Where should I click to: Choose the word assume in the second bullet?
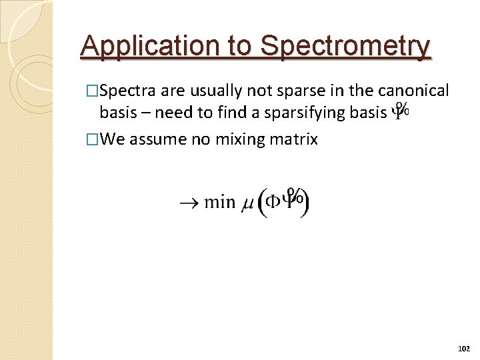point(152,139)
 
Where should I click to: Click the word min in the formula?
point(219,201)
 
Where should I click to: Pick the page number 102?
point(465,349)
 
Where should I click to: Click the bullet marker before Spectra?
point(93,91)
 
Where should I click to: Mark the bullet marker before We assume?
point(93,140)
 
